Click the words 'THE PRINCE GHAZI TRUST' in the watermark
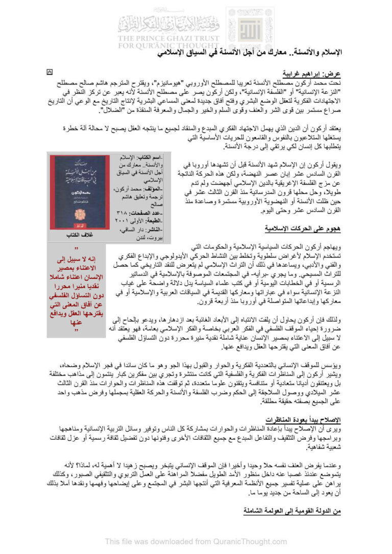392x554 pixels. (x=168, y=38)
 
